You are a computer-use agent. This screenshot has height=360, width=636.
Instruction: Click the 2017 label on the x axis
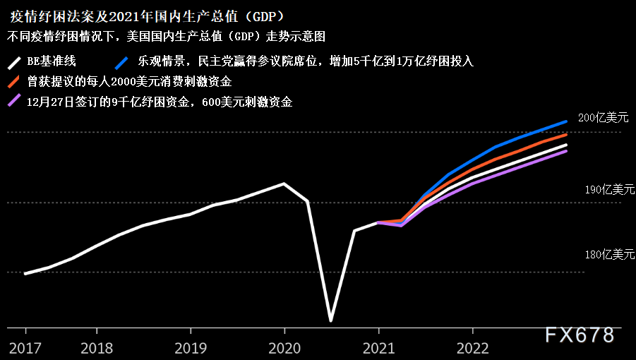coord(26,347)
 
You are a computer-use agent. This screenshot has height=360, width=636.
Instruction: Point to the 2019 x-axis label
coord(189,347)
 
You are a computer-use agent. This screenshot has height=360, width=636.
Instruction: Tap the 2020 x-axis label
coord(284,347)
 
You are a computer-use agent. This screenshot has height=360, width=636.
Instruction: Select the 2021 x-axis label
coord(378,347)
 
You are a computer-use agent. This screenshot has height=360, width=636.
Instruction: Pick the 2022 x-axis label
coord(472,347)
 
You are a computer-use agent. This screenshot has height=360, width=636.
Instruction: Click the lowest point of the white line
coord(330,320)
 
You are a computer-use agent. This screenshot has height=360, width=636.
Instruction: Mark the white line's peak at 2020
coord(284,184)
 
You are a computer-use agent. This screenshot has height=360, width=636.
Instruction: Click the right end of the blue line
coord(567,121)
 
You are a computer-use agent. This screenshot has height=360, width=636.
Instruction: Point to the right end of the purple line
coord(567,150)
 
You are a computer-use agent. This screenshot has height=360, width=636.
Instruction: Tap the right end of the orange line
coord(567,134)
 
